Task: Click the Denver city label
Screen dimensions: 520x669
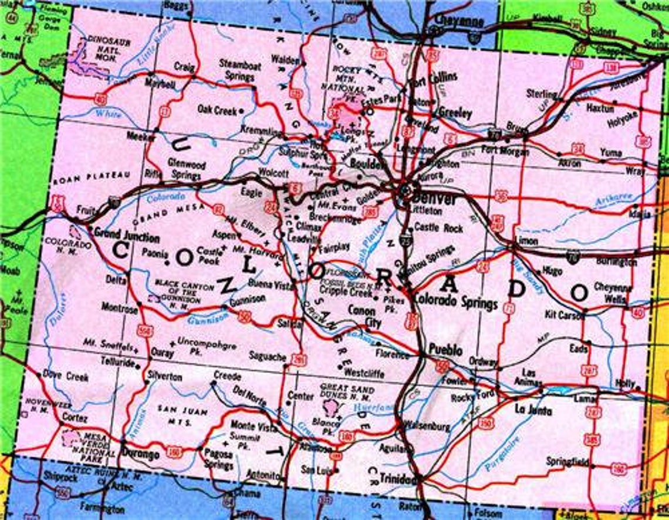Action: [434, 199]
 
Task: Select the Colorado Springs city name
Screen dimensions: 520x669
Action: [456, 300]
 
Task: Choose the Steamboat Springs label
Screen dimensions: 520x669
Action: [240, 71]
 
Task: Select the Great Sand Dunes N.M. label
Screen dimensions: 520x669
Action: [346, 393]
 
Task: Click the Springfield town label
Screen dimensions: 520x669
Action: [567, 461]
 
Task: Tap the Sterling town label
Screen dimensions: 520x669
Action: [541, 94]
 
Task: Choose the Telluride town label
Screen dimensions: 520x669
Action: [117, 363]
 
